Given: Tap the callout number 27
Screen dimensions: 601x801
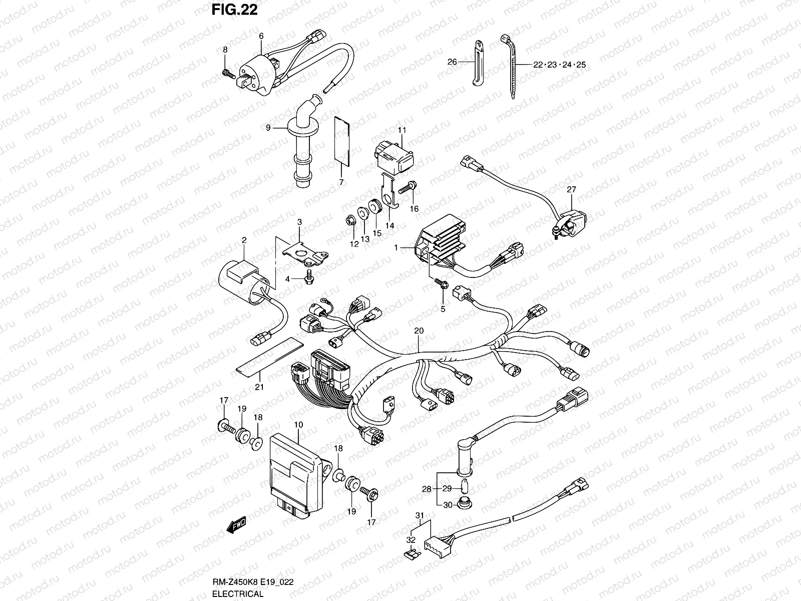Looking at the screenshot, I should [x=571, y=189].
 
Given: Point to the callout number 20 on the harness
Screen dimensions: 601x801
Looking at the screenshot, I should [x=419, y=331].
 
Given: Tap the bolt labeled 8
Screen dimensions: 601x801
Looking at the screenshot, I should [x=228, y=74].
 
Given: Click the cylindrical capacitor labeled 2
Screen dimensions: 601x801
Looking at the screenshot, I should [x=245, y=283].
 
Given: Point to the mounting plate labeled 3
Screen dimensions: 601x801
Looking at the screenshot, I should [x=303, y=251].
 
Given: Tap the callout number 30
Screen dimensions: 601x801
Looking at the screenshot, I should [x=448, y=505].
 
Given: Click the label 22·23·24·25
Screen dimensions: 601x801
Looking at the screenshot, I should [x=558, y=65].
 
